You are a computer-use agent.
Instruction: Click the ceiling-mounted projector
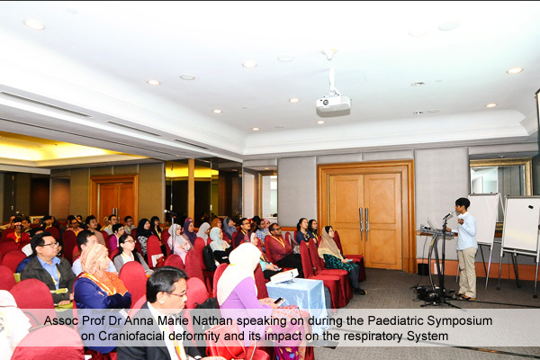click(x=333, y=104)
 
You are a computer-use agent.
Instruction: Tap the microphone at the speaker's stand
click(x=448, y=216)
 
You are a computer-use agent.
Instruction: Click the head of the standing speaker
click(x=463, y=205)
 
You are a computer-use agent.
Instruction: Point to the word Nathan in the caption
click(x=212, y=320)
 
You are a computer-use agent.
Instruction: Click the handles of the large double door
click(x=364, y=223)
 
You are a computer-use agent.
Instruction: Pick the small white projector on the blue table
click(x=284, y=276)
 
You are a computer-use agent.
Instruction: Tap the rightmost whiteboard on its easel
click(x=521, y=225)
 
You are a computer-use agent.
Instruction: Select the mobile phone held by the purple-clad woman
click(x=278, y=300)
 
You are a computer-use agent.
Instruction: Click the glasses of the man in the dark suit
click(x=177, y=294)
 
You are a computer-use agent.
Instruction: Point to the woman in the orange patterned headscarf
click(x=100, y=275)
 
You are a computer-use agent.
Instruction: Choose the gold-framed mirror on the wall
click(x=501, y=176)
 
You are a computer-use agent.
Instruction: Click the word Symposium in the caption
click(x=460, y=320)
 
